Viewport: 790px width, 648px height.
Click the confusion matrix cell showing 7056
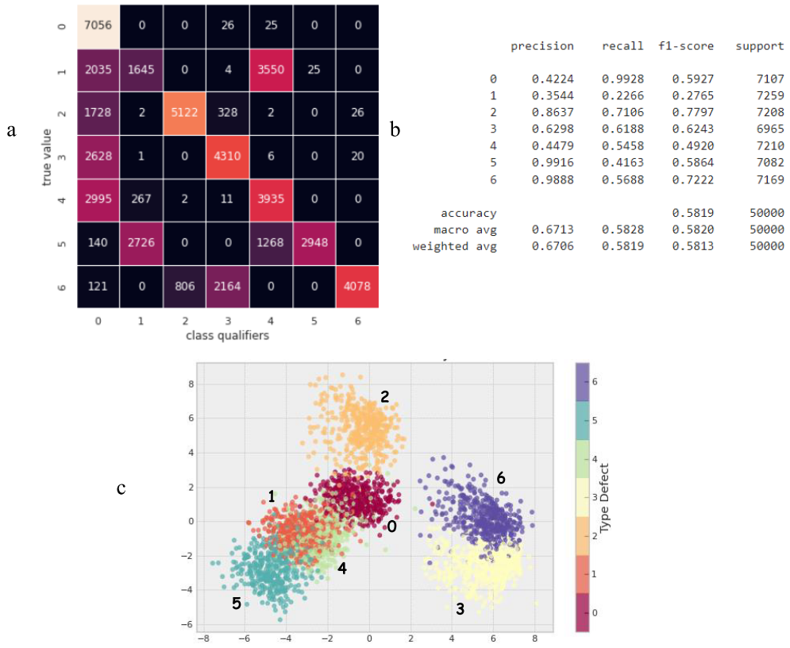(98, 25)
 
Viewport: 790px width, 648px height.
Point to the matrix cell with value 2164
(227, 283)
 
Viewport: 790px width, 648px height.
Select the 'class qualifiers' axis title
(227, 335)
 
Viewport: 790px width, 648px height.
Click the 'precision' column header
(542, 46)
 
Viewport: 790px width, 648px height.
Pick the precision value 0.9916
(553, 163)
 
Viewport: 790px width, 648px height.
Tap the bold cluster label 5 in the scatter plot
(236, 604)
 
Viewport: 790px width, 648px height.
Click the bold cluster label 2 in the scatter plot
(384, 398)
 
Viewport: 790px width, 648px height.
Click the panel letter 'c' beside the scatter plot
(121, 488)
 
